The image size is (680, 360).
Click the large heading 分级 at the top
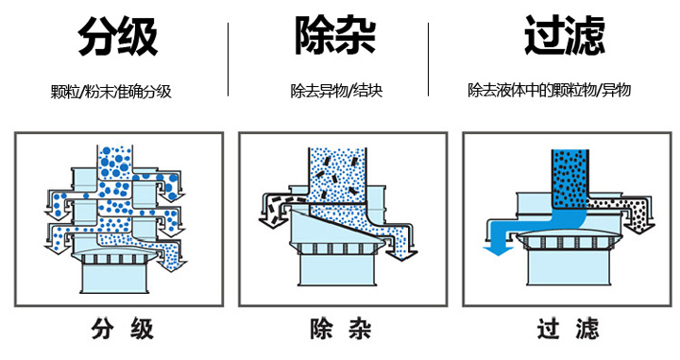[x=117, y=38]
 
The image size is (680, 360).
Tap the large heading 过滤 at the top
[x=565, y=38]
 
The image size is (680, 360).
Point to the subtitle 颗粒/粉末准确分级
[x=111, y=92]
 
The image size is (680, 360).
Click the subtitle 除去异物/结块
[x=336, y=92]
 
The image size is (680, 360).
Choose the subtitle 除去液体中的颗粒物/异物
[x=549, y=91]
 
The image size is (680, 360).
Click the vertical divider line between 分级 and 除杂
[x=229, y=59]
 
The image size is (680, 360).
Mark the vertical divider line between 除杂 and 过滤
[x=430, y=59]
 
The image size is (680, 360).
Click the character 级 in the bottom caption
[x=141, y=330]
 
